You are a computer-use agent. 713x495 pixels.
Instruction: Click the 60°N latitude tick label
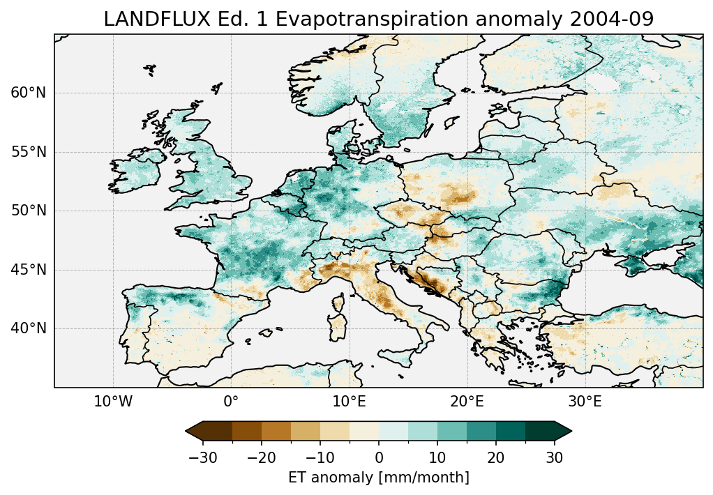[x=29, y=93]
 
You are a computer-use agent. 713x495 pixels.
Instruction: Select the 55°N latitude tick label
[x=29, y=153]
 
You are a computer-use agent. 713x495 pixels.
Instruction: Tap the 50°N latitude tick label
[x=29, y=211]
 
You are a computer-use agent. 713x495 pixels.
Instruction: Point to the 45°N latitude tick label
[x=29, y=270]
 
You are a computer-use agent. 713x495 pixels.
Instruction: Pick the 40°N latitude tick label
[x=29, y=328]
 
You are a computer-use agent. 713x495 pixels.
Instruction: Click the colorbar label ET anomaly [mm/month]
[x=378, y=478]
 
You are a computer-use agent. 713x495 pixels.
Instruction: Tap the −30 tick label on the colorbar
[x=203, y=457]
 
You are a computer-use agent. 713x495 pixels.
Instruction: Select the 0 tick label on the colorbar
[x=379, y=457]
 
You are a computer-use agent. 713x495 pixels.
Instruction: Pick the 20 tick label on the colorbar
[x=496, y=457]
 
